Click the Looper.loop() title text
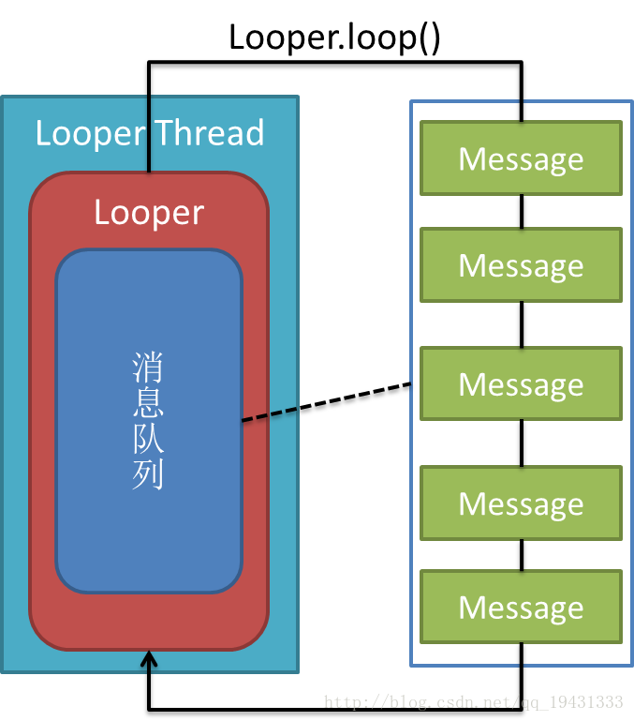[x=334, y=38]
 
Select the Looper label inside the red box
[x=149, y=213]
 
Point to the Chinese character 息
[x=148, y=404]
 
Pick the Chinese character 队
[x=148, y=440]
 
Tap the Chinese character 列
[x=148, y=474]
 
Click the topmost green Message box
[x=521, y=158]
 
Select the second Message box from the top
[x=521, y=265]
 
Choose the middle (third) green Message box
[x=521, y=383]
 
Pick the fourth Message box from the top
[x=521, y=503]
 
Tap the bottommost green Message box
[x=521, y=607]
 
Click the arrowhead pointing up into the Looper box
[x=148, y=662]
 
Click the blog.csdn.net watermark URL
[x=473, y=701]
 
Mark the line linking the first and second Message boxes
[x=522, y=212]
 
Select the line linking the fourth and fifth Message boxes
[x=522, y=555]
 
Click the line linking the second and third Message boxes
[x=522, y=324]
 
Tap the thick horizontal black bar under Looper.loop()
[x=334, y=65]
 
